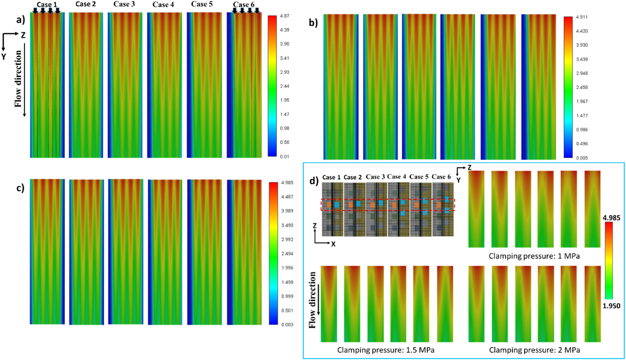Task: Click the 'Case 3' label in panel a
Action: pyautogui.click(x=124, y=4)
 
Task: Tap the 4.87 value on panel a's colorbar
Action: pyautogui.click(x=284, y=16)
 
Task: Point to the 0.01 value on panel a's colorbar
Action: pyautogui.click(x=284, y=156)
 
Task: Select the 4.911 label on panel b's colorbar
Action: pyautogui.click(x=582, y=17)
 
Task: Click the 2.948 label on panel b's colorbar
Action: pyautogui.click(x=582, y=73)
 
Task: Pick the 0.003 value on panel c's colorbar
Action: pyautogui.click(x=287, y=325)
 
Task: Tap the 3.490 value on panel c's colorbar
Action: pyautogui.click(x=287, y=225)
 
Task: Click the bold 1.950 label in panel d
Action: pyautogui.click(x=611, y=306)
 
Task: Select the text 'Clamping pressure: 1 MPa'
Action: pyautogui.click(x=534, y=256)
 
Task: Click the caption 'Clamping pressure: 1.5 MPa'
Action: pyautogui.click(x=386, y=350)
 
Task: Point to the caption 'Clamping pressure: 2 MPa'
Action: pyautogui.click(x=534, y=350)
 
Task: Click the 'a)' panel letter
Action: pyautogui.click(x=21, y=20)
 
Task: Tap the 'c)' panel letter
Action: pyautogui.click(x=21, y=188)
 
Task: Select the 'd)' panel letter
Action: pyautogui.click(x=314, y=181)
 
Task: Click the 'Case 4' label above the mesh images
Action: pyautogui.click(x=396, y=176)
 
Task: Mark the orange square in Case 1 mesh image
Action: pyautogui.click(x=329, y=205)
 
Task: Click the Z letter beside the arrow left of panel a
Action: pyautogui.click(x=23, y=35)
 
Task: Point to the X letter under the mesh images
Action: pyautogui.click(x=333, y=244)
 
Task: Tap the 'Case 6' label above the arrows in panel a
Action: pyautogui.click(x=243, y=5)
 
